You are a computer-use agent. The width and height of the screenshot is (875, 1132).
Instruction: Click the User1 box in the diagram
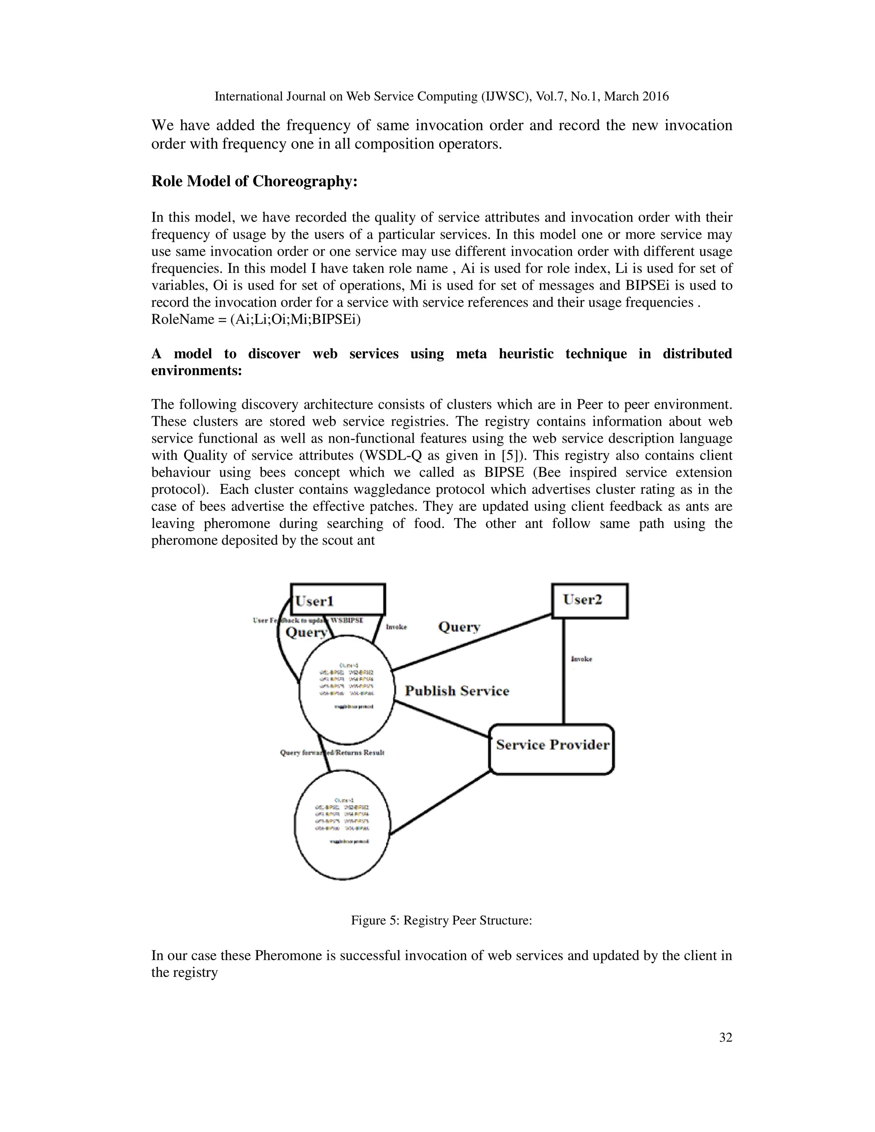[338, 600]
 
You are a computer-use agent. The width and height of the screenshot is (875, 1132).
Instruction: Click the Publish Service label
[457, 691]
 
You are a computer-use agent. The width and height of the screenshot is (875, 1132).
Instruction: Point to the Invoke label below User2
[581, 659]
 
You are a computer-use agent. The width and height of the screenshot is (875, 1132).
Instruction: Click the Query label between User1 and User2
[459, 627]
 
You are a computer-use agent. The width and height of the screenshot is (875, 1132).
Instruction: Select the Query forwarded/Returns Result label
[332, 753]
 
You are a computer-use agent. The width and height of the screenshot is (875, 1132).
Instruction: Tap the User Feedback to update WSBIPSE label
[308, 620]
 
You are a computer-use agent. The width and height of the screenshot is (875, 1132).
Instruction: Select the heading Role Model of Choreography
[254, 182]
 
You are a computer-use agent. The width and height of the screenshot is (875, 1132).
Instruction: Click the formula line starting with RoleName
[255, 319]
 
